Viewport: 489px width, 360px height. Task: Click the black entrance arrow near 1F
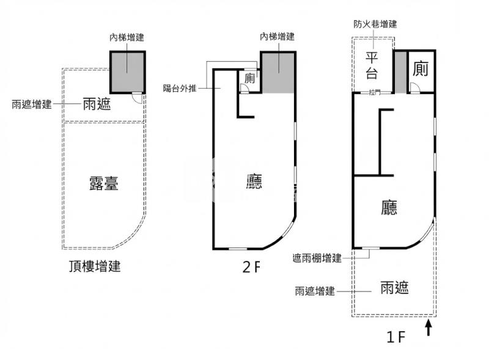(x=428, y=329)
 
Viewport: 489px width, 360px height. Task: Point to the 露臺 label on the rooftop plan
(x=104, y=183)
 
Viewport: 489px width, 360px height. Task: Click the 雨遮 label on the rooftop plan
(x=97, y=104)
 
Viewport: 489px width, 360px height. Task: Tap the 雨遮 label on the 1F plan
(x=394, y=287)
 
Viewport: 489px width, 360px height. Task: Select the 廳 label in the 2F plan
(x=254, y=181)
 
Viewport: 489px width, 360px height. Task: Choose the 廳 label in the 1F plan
(x=389, y=208)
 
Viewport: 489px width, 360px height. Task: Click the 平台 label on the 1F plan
(x=372, y=66)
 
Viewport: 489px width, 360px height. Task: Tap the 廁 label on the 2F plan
(x=249, y=78)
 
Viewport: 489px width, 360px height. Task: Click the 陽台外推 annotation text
(x=180, y=87)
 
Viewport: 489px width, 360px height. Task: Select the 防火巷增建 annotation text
(x=375, y=24)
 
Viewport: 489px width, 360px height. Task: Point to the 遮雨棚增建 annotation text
(x=317, y=259)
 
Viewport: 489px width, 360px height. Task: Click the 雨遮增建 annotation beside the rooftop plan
(x=32, y=104)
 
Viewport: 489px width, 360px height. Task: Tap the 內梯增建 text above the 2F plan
(x=277, y=37)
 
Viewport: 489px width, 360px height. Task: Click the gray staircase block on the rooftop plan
(x=127, y=71)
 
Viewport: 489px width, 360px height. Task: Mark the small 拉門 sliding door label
(x=374, y=93)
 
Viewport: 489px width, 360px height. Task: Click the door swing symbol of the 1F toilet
(x=414, y=89)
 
